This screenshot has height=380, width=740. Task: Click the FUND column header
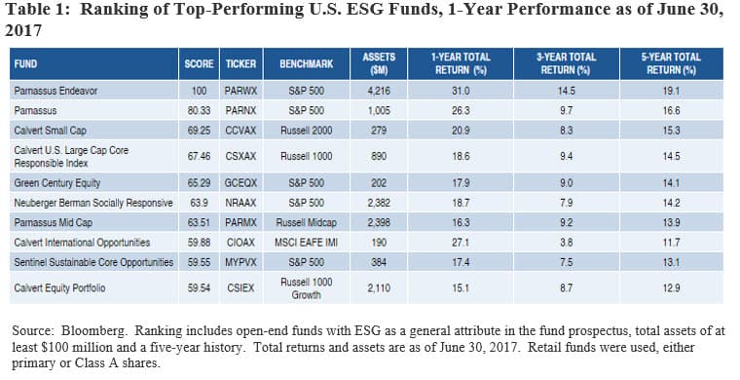(x=25, y=63)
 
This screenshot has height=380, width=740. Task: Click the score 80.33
(x=199, y=111)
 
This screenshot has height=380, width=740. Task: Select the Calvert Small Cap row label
(x=52, y=130)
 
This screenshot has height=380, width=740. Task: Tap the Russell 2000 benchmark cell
(x=307, y=130)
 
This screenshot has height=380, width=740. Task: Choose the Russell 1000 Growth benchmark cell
(x=307, y=286)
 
